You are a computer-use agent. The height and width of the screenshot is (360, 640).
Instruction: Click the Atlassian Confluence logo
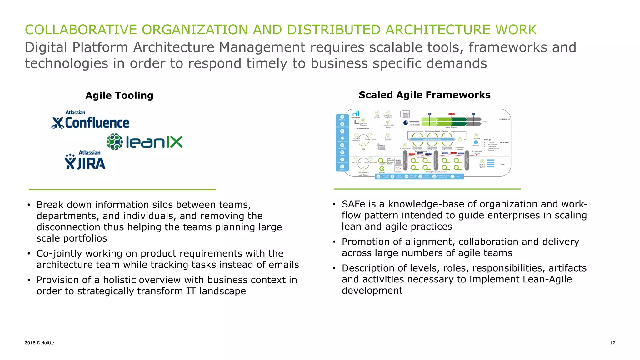90,120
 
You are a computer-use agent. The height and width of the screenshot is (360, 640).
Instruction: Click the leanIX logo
145,142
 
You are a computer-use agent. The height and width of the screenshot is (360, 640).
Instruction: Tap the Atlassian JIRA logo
85,160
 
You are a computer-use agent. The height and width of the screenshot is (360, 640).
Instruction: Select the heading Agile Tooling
119,96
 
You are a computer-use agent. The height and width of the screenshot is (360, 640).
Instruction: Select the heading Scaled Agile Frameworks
424,95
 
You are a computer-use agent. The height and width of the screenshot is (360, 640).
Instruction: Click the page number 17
612,343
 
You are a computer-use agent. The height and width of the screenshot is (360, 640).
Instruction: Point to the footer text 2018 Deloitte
39,343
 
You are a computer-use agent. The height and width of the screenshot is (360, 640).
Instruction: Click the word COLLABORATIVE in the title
81,30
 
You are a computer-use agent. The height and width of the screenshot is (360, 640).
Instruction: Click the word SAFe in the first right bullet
354,204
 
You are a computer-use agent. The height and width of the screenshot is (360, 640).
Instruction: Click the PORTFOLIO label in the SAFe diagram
504,119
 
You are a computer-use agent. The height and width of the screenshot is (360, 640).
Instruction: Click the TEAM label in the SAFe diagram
502,165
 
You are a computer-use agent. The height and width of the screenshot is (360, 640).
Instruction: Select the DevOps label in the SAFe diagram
487,140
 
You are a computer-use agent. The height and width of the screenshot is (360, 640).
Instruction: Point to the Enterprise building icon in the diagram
356,113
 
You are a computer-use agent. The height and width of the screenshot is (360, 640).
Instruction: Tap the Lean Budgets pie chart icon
406,122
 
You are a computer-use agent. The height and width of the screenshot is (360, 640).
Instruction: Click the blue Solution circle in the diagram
476,142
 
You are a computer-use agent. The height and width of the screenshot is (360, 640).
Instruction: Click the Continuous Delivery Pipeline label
437,131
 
